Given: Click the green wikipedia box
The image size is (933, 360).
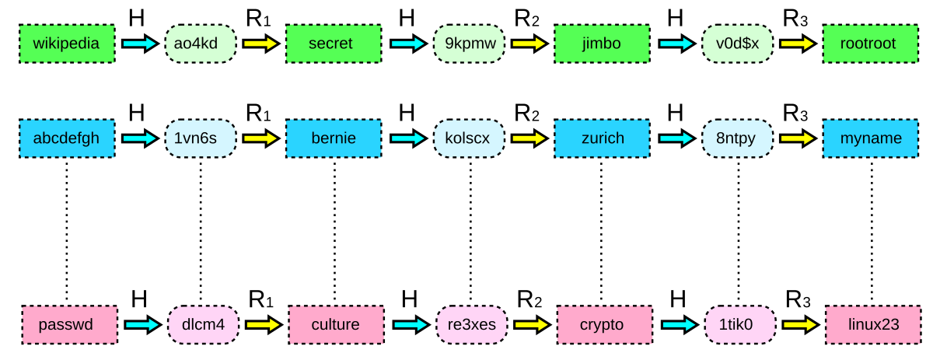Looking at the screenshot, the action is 67,44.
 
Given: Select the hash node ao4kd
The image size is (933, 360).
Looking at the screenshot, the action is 201,44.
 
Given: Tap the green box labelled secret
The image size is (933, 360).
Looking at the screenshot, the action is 334,44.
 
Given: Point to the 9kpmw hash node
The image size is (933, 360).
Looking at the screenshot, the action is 470,44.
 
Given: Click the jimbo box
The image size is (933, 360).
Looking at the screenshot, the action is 602,44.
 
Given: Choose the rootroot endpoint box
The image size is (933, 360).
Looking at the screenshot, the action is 871,44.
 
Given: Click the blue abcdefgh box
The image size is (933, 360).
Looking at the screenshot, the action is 67,138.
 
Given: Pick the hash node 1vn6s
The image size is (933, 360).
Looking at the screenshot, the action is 201,138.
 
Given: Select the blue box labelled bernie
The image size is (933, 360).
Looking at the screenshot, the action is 334,138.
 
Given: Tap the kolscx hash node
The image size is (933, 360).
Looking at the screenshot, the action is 470,138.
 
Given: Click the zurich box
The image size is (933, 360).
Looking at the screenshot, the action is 602,138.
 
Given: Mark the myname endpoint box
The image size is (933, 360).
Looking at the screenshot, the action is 871,138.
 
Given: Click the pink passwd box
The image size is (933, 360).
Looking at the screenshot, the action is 69,325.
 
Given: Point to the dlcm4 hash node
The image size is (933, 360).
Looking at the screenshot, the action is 203,325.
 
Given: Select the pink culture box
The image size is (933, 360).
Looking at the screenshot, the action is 336,325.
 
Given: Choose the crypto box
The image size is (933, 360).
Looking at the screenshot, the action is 605,325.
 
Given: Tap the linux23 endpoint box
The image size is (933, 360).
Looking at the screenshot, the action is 873,325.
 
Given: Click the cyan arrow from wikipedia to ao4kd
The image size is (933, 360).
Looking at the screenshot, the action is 140,44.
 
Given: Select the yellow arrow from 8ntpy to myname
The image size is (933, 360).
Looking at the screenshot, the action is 798,138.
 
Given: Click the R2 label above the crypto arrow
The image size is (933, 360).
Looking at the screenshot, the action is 529,300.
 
